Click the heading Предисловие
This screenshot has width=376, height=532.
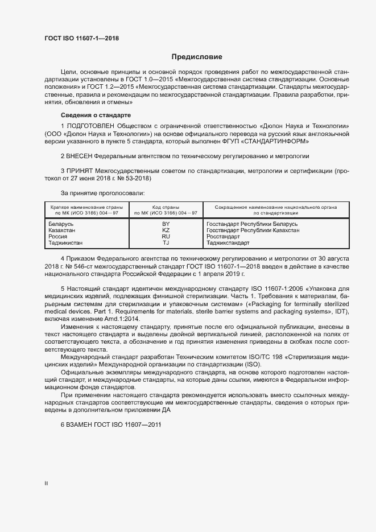197,57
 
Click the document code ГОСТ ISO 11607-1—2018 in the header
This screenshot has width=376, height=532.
82,39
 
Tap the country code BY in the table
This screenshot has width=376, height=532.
166,224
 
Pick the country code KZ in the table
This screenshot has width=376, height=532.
166,230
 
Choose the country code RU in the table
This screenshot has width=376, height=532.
166,237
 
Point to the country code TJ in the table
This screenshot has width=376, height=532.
166,243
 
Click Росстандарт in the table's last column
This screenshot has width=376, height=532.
223,237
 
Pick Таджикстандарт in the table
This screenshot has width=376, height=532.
228,243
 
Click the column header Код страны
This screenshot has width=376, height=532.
166,207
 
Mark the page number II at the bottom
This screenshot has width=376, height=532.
46,483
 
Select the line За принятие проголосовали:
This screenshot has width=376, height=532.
102,193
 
